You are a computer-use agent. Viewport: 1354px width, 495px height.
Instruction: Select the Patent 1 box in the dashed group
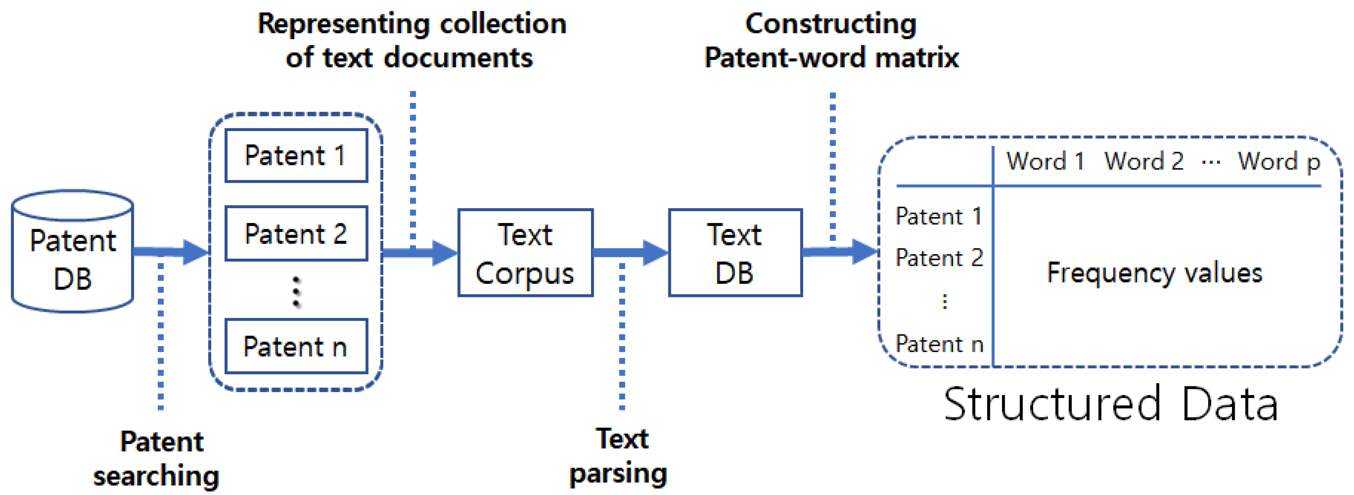pyautogui.click(x=296, y=156)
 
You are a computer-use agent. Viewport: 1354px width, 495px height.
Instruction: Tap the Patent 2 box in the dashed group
pyautogui.click(x=296, y=233)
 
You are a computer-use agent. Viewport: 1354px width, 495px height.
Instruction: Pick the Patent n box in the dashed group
pyautogui.click(x=296, y=346)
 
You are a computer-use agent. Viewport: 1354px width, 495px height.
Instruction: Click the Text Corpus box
pyautogui.click(x=525, y=253)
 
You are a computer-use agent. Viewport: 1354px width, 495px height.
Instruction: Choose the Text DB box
pyautogui.click(x=735, y=253)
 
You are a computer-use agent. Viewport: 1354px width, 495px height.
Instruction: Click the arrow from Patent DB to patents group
pyautogui.click(x=171, y=252)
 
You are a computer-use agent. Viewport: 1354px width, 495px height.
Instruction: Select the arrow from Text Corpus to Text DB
pyautogui.click(x=630, y=253)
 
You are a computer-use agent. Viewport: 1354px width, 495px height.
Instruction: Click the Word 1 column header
pyautogui.click(x=1045, y=161)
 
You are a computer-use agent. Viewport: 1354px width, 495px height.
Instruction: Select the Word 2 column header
pyautogui.click(x=1144, y=161)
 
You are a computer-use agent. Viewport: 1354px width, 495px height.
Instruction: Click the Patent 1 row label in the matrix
pyautogui.click(x=939, y=216)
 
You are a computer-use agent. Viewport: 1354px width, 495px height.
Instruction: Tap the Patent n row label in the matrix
pyautogui.click(x=939, y=344)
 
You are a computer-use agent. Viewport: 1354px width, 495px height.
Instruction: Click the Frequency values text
pyautogui.click(x=1154, y=273)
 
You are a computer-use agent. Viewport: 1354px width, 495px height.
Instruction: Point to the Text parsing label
pyautogui.click(x=619, y=456)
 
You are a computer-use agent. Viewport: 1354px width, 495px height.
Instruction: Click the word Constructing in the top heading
pyautogui.click(x=831, y=24)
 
